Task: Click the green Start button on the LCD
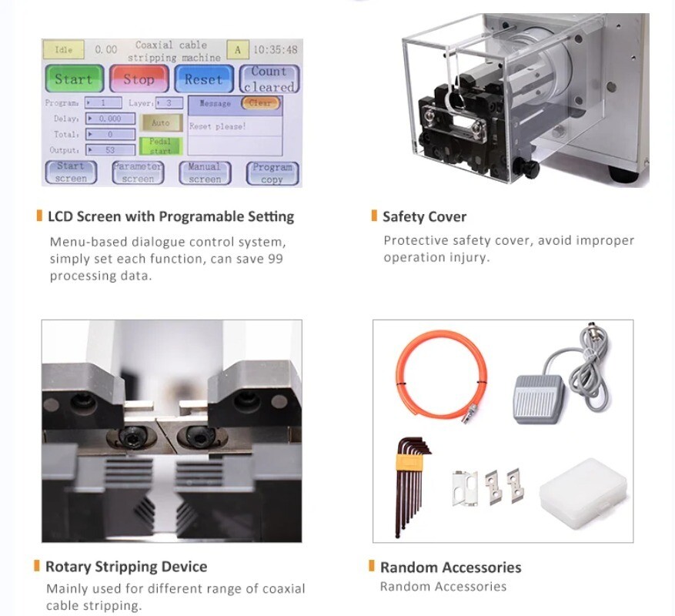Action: pos(73,79)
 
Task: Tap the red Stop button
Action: pos(139,79)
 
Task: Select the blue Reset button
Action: pos(202,79)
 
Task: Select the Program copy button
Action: pos(272,173)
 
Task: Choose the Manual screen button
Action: pos(204,173)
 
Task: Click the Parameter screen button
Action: pos(138,173)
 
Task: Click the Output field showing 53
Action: pos(111,150)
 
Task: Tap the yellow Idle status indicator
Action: pos(64,49)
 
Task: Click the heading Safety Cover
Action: pos(424,216)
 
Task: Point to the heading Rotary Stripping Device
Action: pos(126,567)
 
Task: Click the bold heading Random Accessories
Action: pos(450,567)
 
